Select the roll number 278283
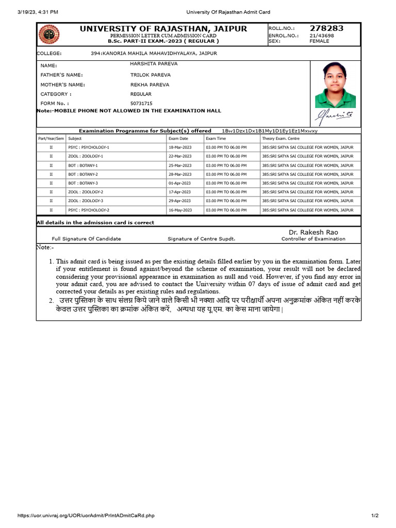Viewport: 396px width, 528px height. [x=326, y=28]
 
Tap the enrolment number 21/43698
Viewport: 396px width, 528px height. [x=322, y=36]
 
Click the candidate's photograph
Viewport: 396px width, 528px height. [x=336, y=85]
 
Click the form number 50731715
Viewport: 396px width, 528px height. [x=142, y=104]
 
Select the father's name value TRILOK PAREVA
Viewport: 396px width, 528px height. [x=150, y=75]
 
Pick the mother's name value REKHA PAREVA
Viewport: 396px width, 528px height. [x=150, y=84]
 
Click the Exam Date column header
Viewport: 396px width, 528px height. [x=178, y=139]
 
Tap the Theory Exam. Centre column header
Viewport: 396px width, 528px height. [x=280, y=139]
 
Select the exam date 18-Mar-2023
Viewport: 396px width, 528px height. [x=180, y=147]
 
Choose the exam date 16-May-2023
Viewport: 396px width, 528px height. [x=180, y=210]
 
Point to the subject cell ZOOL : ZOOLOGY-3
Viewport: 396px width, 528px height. [x=86, y=201]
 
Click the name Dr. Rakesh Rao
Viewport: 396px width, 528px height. [x=313, y=233]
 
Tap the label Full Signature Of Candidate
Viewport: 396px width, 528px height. [x=87, y=239]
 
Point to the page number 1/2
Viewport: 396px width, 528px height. [x=375, y=516]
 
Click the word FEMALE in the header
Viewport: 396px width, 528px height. [x=319, y=41]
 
